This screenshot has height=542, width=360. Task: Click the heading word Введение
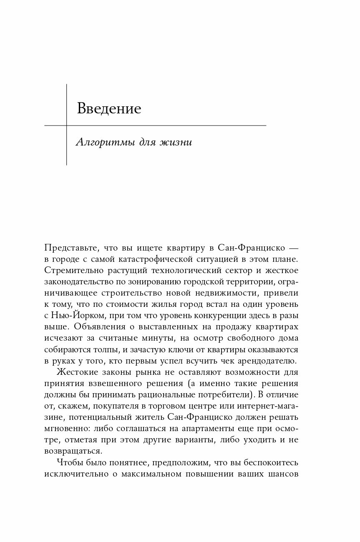coord(109,109)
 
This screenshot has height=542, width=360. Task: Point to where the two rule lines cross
coord(67,125)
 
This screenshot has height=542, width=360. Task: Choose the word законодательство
coord(81,281)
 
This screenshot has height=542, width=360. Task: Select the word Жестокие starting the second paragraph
coord(74,372)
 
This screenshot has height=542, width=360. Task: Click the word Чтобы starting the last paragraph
coord(69,462)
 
